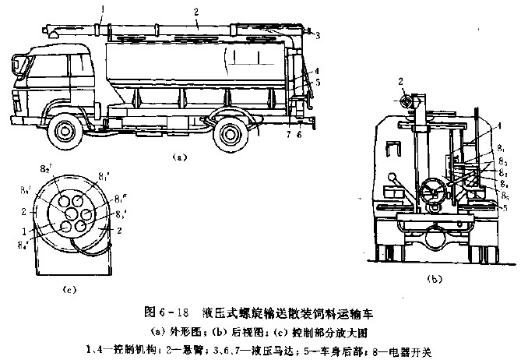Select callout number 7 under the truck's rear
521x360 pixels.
point(287,134)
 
